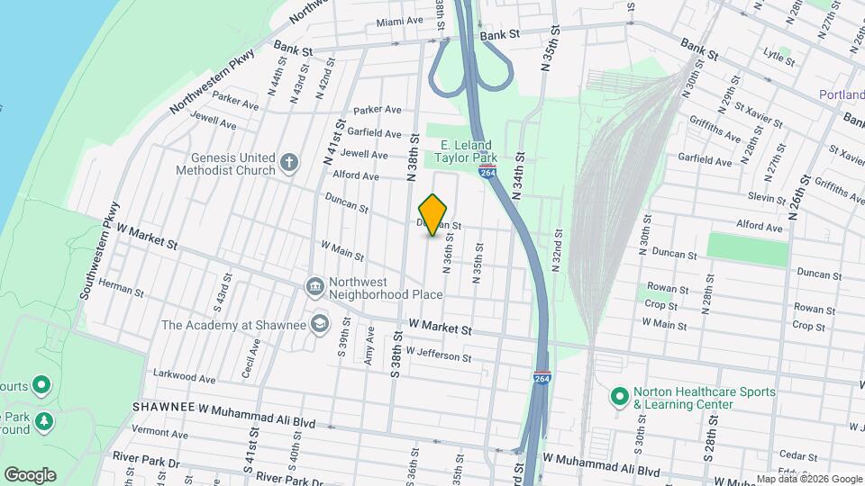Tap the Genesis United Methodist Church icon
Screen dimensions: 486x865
point(288,163)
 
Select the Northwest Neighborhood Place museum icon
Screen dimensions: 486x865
point(314,287)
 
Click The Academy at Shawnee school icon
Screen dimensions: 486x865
point(319,323)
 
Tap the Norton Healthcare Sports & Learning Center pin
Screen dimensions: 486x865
point(619,396)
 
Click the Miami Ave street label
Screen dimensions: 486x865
point(399,21)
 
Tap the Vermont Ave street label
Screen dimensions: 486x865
point(158,431)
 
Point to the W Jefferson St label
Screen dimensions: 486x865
point(438,354)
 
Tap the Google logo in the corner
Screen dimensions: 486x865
point(30,475)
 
